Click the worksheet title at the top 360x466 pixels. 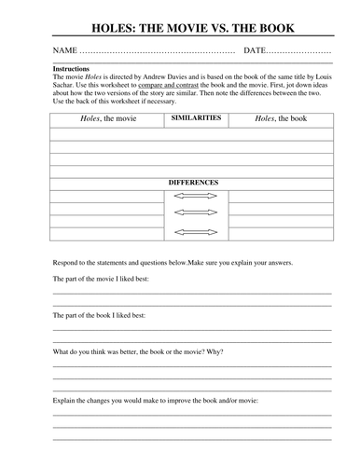tap(180, 20)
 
